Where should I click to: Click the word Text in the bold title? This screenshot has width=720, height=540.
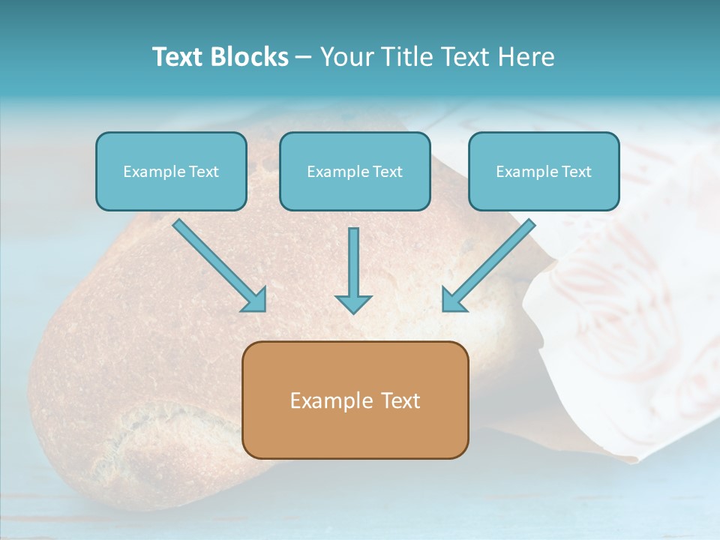(x=178, y=57)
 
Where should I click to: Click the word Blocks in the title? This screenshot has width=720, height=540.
(x=250, y=57)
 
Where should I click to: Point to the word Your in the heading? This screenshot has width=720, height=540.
(x=347, y=57)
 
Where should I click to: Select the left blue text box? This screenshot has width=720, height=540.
(x=171, y=171)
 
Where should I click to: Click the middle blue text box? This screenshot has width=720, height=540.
(x=355, y=171)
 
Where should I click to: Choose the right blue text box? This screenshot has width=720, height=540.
(x=544, y=171)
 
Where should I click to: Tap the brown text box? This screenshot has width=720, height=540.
(x=355, y=400)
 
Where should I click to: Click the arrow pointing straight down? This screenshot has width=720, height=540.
(x=353, y=270)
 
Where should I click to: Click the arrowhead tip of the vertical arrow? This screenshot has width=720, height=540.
(x=353, y=311)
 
